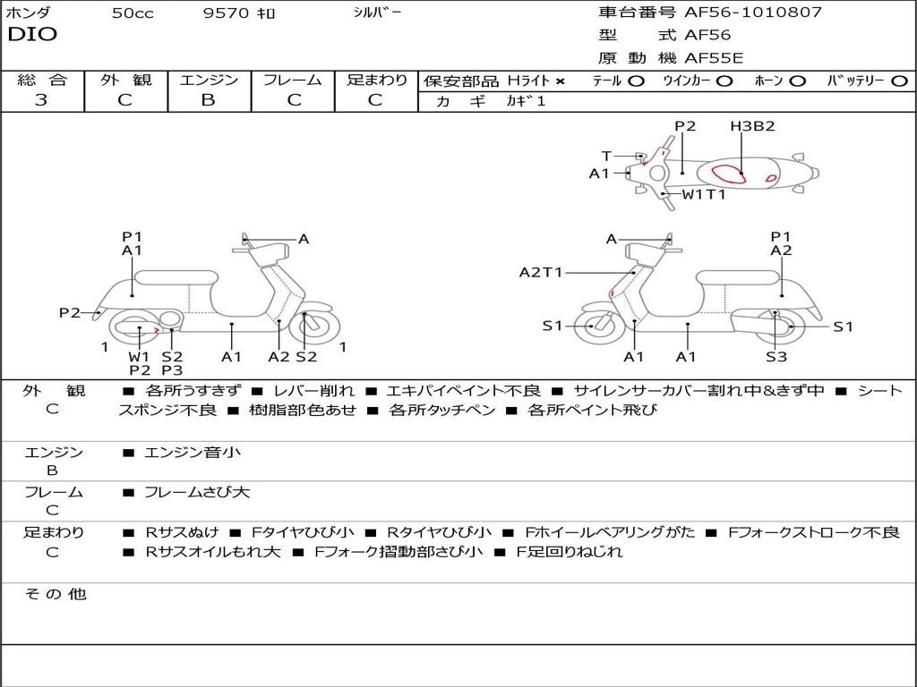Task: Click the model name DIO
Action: pyautogui.click(x=32, y=35)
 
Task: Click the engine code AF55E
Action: pyautogui.click(x=714, y=58)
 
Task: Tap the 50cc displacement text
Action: pyautogui.click(x=133, y=13)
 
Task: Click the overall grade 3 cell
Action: pyautogui.click(x=41, y=100)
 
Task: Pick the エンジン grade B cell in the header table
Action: pyautogui.click(x=208, y=100)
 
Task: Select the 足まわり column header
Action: pyautogui.click(x=376, y=81)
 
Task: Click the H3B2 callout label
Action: pyautogui.click(x=752, y=126)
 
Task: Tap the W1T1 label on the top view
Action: pyautogui.click(x=704, y=194)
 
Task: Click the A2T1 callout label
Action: pyautogui.click(x=541, y=272)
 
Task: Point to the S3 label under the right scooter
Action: pyautogui.click(x=776, y=357)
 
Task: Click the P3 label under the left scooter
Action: pyautogui.click(x=172, y=370)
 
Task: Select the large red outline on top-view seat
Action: pyautogui.click(x=727, y=174)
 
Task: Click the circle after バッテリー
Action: pyautogui.click(x=899, y=81)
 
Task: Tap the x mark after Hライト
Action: pyautogui.click(x=561, y=81)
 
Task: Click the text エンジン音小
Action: pyautogui.click(x=193, y=453)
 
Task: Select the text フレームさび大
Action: pyautogui.click(x=197, y=492)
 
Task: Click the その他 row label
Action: pyautogui.click(x=56, y=594)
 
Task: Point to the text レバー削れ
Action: pyautogui.click(x=313, y=391)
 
